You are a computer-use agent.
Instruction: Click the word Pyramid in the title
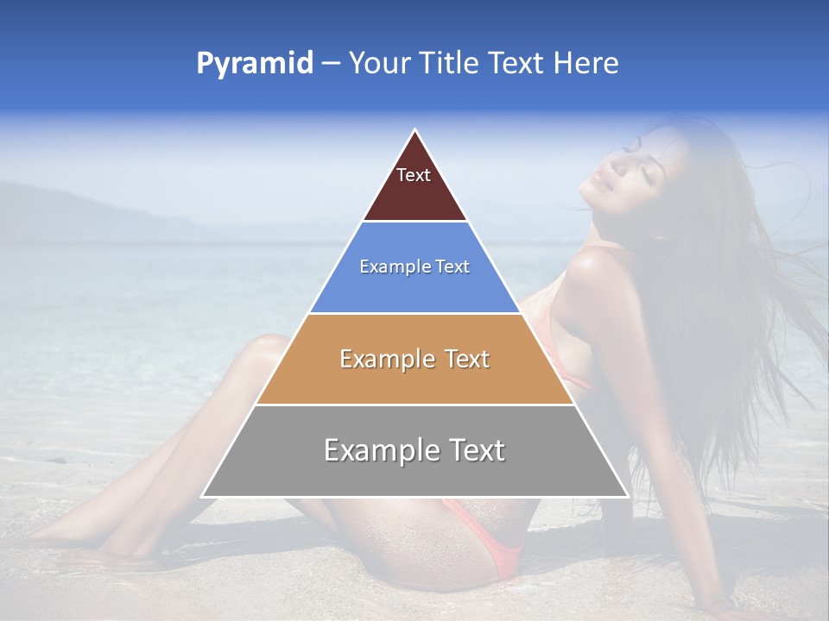pos(254,64)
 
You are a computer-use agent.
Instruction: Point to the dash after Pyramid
pos(331,64)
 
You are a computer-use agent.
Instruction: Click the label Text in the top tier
pos(414,175)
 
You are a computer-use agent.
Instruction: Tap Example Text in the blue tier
pos(414,267)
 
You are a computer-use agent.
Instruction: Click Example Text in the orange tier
pos(414,359)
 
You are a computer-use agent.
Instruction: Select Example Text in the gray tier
pos(414,450)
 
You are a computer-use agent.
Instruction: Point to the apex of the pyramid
pos(414,131)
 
